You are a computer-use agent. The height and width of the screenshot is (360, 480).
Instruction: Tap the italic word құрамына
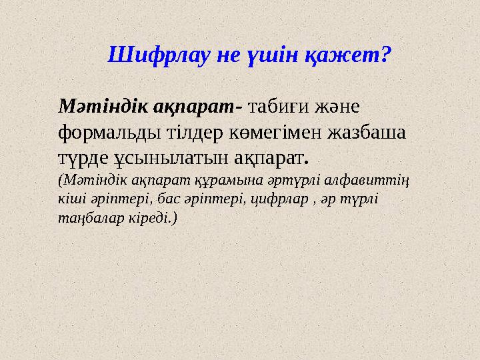[x=225, y=180]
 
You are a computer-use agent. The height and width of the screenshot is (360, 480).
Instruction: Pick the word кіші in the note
[x=70, y=199]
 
